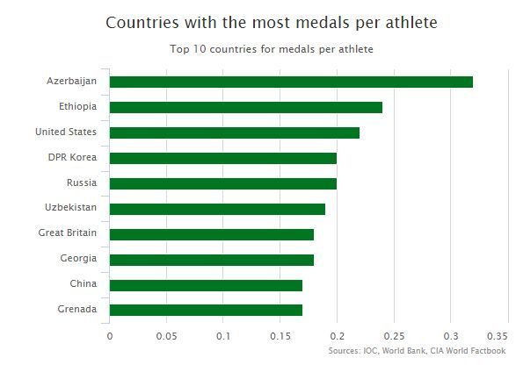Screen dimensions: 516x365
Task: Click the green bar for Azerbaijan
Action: click(x=291, y=82)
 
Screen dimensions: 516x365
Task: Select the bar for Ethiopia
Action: click(x=246, y=107)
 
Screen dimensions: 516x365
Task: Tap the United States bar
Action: click(x=235, y=132)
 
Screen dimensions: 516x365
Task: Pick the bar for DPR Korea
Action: click(x=223, y=158)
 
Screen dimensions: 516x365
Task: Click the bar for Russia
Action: click(x=223, y=183)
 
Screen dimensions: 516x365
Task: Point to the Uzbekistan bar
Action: click(x=217, y=210)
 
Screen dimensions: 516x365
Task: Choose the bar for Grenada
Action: click(x=206, y=311)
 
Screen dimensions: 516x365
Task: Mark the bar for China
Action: click(x=206, y=285)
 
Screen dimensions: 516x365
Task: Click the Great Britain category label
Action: click(x=68, y=233)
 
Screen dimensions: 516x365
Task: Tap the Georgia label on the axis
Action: click(x=78, y=259)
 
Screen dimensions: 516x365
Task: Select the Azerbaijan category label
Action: click(x=72, y=81)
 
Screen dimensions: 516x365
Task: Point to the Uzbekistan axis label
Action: click(x=70, y=207)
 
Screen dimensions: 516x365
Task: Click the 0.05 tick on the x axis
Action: click(x=166, y=336)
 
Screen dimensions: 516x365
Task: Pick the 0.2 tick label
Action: click(x=338, y=336)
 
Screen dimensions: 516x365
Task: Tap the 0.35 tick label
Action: click(x=498, y=336)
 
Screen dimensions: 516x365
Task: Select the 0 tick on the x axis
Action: click(x=110, y=336)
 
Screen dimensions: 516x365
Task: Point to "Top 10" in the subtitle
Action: click(x=188, y=49)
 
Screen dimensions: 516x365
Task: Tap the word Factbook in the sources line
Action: click(x=488, y=351)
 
